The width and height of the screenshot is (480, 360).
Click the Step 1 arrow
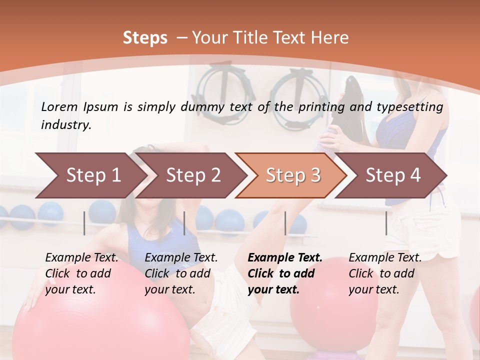93,175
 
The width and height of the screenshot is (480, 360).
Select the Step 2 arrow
193,175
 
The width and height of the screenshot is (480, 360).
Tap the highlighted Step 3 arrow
293,175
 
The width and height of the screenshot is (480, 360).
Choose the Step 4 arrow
393,175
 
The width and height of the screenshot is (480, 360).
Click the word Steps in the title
145,38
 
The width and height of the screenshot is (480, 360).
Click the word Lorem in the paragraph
59,106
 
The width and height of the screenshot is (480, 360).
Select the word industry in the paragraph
66,125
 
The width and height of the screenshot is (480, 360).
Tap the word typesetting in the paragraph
412,106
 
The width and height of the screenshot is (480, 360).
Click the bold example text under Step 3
284,273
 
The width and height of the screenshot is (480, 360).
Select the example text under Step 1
81,273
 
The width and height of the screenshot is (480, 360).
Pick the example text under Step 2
181,273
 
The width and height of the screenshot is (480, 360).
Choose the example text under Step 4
385,273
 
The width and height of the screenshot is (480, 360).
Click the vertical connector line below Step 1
84,223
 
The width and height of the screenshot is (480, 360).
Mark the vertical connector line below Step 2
184,223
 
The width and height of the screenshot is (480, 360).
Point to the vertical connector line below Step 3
285,223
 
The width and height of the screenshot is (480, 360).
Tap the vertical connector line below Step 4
386,223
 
